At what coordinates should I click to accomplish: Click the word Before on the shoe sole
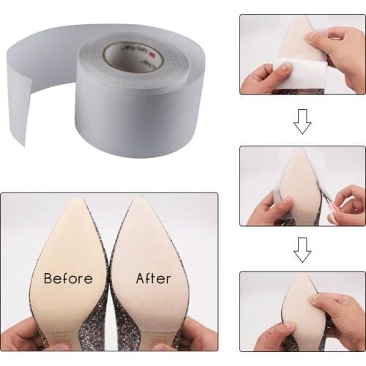pos(68,278)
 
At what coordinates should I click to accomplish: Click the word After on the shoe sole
pos(153,278)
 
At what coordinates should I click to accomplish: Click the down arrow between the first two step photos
pos(302,122)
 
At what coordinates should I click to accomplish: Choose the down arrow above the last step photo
pos(302,250)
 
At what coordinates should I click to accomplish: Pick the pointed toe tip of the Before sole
pos(75,200)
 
